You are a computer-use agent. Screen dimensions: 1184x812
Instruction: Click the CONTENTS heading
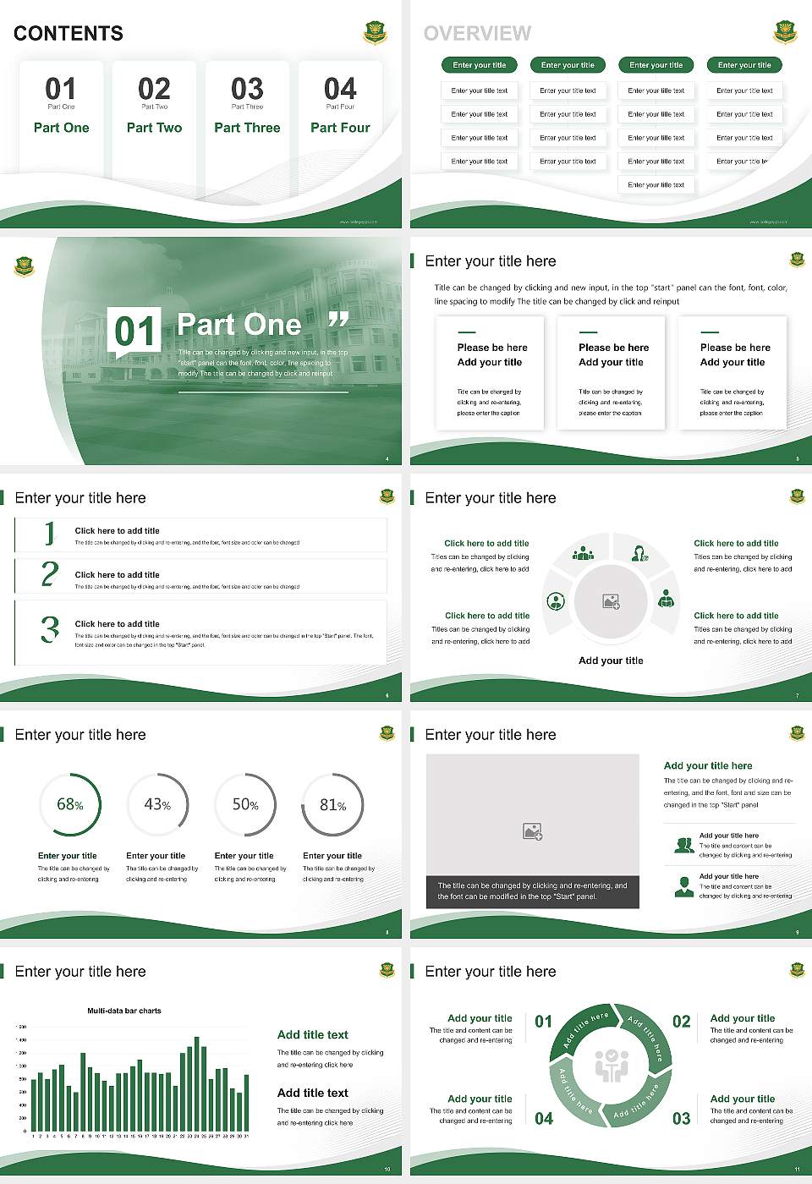[69, 34]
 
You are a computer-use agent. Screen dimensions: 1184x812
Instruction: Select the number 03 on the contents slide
[247, 89]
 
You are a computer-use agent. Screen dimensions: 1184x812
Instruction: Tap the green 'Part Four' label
[340, 128]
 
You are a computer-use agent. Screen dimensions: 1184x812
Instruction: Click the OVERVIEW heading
[477, 34]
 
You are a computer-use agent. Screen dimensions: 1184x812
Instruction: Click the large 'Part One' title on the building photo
[239, 324]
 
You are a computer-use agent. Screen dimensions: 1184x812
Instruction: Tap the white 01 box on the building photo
[134, 331]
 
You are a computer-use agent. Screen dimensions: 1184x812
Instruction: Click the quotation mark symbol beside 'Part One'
[338, 320]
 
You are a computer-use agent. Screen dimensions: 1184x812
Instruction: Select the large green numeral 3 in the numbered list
[50, 629]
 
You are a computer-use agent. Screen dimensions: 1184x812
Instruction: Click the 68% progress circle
[70, 804]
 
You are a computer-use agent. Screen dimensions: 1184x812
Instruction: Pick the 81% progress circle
[333, 804]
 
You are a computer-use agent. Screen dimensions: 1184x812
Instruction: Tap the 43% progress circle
[157, 804]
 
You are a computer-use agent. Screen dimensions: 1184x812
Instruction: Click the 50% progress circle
[245, 804]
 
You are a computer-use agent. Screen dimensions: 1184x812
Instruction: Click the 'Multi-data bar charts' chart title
[124, 1011]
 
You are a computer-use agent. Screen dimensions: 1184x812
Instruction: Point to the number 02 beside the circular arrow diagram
[682, 1022]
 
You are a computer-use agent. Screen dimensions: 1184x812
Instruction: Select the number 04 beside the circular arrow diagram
[544, 1119]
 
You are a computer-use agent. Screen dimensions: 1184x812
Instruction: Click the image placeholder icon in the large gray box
[532, 832]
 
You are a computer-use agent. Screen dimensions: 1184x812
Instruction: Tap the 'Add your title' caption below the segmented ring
[611, 661]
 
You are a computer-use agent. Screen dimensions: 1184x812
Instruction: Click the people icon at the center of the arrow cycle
[611, 1066]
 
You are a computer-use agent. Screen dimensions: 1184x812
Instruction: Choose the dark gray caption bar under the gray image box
[533, 891]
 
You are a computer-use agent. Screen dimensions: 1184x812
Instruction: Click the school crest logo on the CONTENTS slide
[375, 33]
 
